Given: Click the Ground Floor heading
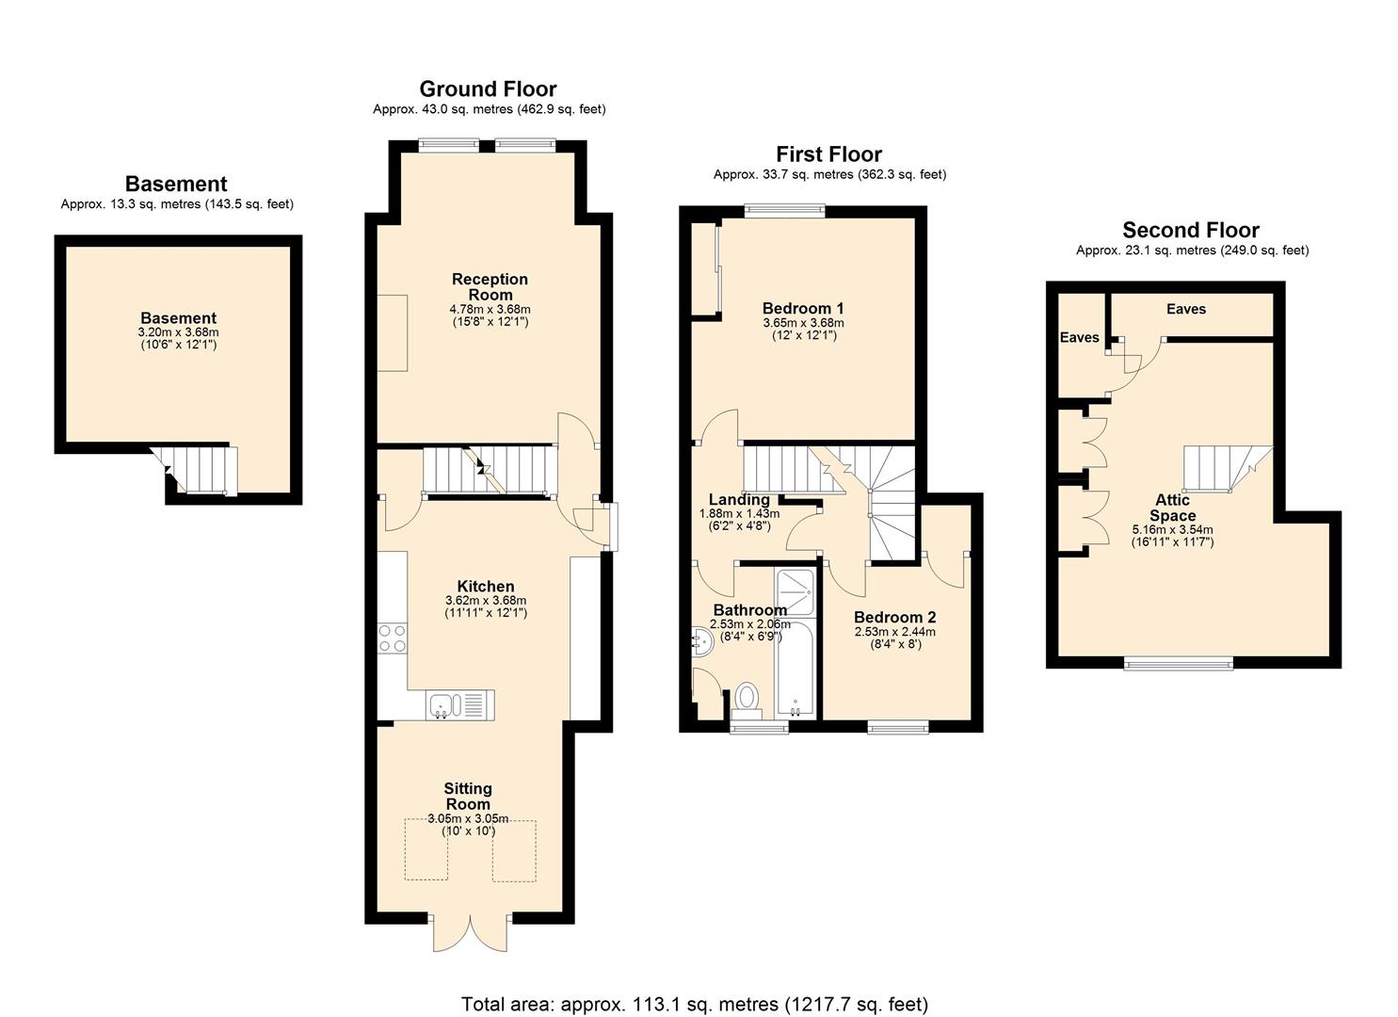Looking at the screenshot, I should tap(488, 89).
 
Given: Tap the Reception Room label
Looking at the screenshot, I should tap(490, 286).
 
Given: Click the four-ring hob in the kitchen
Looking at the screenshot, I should tap(393, 638).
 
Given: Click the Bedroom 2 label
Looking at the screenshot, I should tap(894, 618).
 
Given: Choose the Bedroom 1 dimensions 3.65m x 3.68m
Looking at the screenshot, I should tap(803, 323).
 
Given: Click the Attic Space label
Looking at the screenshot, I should tap(1172, 508).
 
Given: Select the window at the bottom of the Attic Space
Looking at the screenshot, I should tap(1179, 663).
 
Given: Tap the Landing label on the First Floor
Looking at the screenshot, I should tap(739, 500).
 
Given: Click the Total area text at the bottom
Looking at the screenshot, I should tap(694, 1004).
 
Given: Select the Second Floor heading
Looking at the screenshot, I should tap(1190, 231).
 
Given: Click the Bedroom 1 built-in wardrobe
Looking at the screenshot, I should tap(704, 269).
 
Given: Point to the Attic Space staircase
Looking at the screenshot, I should tap(1226, 468).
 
